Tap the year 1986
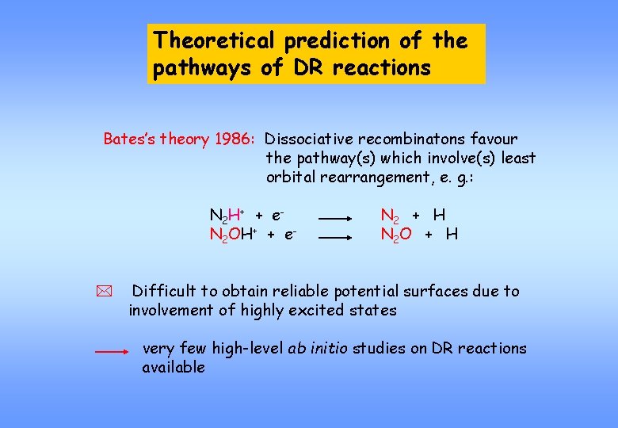[x=234, y=139]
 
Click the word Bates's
[x=128, y=139]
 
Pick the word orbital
[x=290, y=177]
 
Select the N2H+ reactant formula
[x=226, y=216]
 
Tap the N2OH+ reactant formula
[x=231, y=235]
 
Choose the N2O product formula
[x=396, y=235]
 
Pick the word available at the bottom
[x=174, y=367]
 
